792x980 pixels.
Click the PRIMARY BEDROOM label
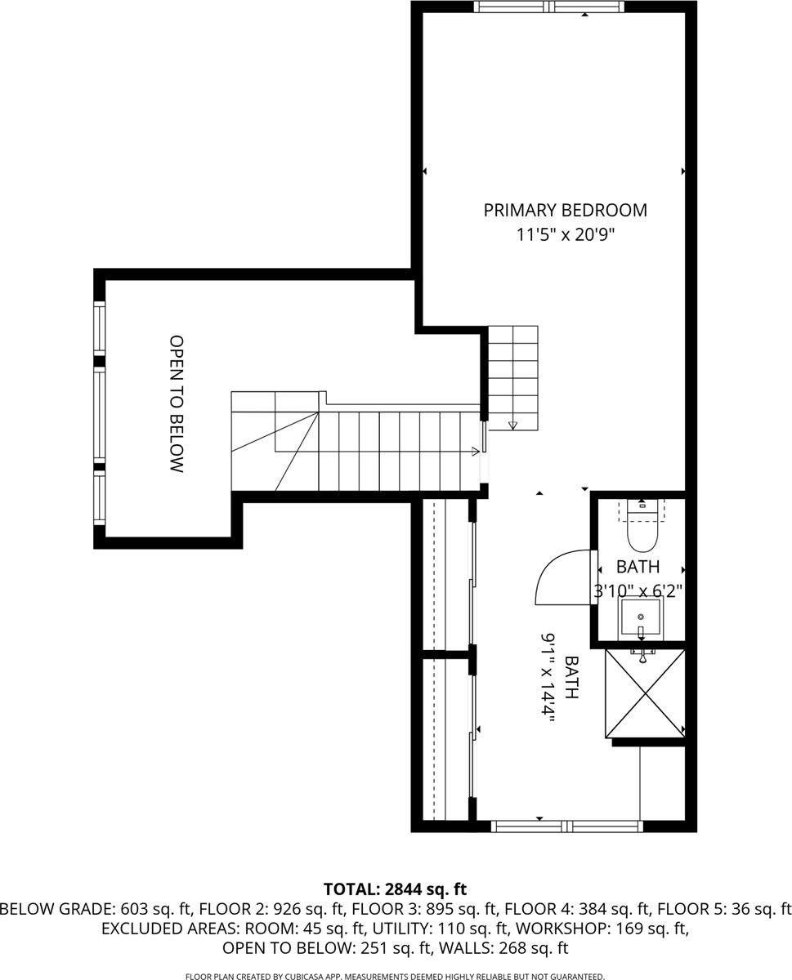click(565, 210)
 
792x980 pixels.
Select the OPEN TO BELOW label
click(176, 403)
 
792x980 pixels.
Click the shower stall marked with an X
click(644, 693)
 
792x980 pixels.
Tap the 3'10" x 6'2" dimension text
click(638, 590)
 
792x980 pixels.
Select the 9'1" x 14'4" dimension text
click(547, 675)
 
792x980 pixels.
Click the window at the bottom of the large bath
click(566, 826)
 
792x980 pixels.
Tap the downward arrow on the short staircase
click(513, 424)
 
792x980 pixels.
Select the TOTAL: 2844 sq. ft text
click(395, 889)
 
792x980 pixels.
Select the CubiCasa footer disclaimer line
click(395, 975)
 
